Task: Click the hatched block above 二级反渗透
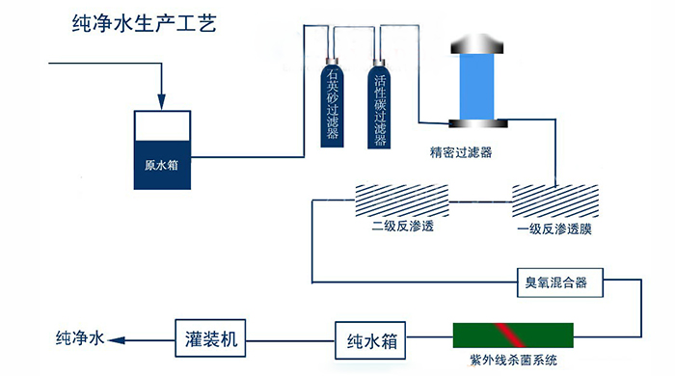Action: (394, 201)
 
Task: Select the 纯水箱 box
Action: (371, 340)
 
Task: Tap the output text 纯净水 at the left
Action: (78, 338)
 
